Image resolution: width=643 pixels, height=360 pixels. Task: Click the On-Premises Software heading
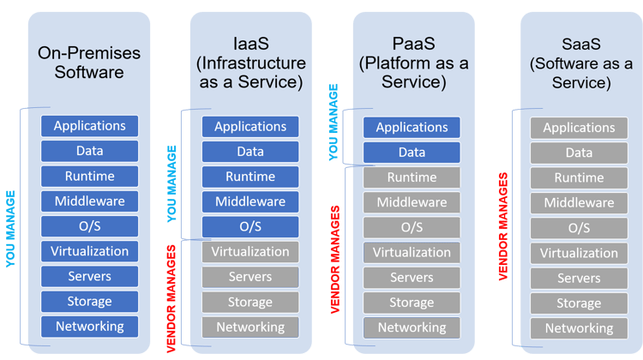[89, 63]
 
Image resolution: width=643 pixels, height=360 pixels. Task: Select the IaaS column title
[250, 63]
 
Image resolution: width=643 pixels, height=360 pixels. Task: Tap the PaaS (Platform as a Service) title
[412, 63]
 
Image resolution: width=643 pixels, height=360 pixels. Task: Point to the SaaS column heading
[579, 63]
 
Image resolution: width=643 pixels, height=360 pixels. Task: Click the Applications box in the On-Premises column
[89, 126]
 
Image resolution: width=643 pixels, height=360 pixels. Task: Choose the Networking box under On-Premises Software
[89, 327]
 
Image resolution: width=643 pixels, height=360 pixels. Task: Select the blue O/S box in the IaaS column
[250, 226]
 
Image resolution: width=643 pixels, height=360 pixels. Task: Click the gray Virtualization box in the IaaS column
[250, 252]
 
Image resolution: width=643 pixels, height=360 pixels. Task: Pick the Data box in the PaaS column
[412, 153]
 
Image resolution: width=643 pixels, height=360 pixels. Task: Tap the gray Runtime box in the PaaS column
[412, 177]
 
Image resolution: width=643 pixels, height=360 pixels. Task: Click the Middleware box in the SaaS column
[579, 203]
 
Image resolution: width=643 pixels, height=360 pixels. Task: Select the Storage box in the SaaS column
[579, 303]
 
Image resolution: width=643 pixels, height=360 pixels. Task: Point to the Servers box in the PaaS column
[412, 278]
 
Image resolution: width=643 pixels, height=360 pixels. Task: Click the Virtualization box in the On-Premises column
[89, 252]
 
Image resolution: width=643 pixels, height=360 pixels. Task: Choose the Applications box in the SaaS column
[579, 128]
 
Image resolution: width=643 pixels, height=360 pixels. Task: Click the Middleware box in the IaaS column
[250, 201]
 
